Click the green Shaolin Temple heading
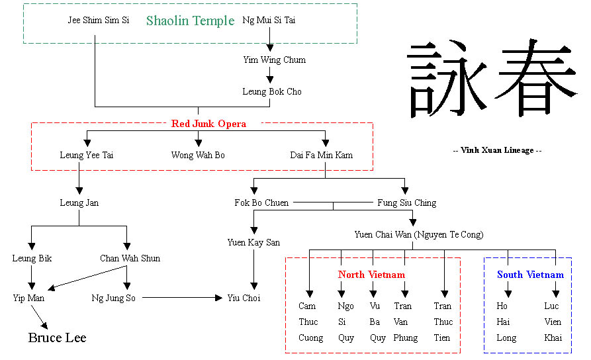tap(190, 21)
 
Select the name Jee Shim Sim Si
tap(98, 21)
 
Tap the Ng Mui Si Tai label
tap(269, 21)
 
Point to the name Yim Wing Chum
tap(274, 60)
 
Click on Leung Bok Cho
tap(271, 92)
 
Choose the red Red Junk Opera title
tap(208, 124)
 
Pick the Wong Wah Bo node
tap(198, 156)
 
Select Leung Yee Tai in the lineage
tap(81, 156)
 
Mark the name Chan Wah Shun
tap(130, 259)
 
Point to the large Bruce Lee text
tap(57, 338)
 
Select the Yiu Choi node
tap(244, 298)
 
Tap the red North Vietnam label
tap(371, 275)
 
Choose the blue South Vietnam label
tap(530, 275)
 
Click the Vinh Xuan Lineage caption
tap(497, 150)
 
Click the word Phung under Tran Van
tap(405, 338)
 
